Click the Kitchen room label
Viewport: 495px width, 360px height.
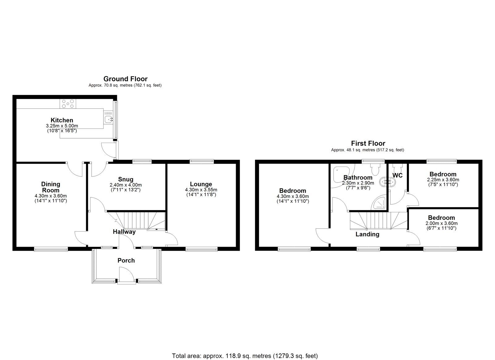[62, 120]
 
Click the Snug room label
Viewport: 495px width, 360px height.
[126, 179]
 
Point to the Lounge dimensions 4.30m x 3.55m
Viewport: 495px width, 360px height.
[201, 190]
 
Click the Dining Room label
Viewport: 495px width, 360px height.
[51, 187]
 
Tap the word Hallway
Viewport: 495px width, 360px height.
[124, 232]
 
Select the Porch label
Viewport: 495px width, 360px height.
[126, 260]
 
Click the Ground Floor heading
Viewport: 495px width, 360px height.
[125, 79]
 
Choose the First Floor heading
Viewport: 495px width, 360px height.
[368, 143]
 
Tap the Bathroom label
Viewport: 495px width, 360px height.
[358, 177]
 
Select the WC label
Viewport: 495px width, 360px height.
[397, 175]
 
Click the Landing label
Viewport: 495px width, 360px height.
[367, 234]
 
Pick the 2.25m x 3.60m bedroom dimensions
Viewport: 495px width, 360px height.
[443, 180]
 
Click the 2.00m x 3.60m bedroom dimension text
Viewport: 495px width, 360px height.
[441, 223]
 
